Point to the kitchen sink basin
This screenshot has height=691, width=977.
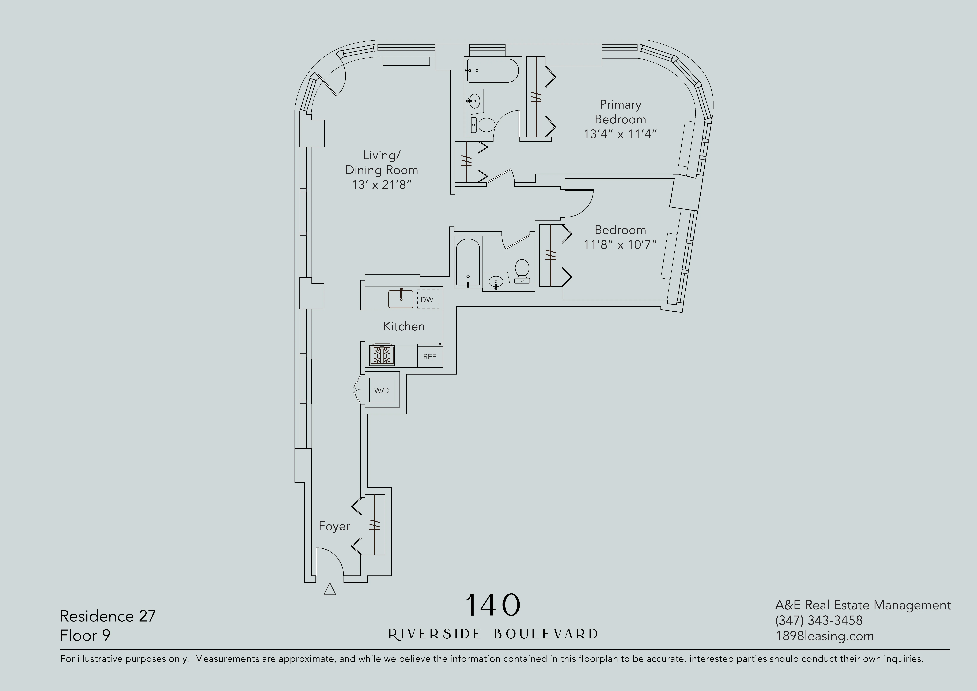400,299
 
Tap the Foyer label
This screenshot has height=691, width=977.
334,526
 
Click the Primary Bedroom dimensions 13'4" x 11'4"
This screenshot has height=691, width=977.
620,134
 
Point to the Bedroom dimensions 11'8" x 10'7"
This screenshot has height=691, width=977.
620,245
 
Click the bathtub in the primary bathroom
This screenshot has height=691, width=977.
492,71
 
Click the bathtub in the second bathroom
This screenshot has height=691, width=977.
468,263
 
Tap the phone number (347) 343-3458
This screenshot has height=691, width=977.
819,620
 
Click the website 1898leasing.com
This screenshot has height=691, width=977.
824,636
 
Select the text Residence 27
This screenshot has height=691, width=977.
108,616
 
